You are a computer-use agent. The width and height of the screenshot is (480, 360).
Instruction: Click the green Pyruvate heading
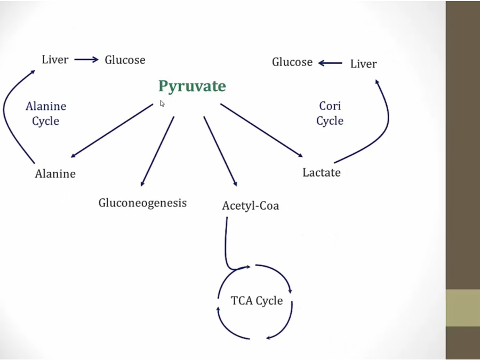192,86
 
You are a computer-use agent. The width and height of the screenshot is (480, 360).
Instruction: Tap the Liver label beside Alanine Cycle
55,59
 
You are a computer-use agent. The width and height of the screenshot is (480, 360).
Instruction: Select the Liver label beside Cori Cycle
363,64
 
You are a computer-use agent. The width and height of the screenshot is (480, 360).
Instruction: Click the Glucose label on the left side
125,60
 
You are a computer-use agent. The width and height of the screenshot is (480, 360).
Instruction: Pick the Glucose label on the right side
292,62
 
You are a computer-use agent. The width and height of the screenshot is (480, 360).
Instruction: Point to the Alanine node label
55,173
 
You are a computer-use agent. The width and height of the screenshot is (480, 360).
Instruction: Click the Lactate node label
321,172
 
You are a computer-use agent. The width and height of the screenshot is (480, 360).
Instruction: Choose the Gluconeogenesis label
142,203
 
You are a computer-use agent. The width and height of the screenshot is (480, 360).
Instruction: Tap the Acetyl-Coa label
250,205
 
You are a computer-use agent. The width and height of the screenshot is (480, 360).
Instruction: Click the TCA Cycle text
257,301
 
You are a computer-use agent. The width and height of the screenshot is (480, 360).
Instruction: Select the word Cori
330,106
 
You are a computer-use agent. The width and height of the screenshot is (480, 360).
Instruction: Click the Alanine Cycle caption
46,114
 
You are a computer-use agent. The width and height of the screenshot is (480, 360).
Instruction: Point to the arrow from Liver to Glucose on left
86,60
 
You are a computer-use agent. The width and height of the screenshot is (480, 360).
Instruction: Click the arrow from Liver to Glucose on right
331,63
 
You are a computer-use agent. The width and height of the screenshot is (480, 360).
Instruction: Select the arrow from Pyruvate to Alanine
112,130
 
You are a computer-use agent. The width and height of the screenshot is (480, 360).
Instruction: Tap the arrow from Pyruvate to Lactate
261,130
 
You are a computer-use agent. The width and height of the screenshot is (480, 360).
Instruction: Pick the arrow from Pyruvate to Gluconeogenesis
157,151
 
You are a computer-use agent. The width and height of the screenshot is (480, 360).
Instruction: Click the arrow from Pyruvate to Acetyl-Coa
220,151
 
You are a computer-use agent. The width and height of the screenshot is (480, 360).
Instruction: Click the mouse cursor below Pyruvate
162,103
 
